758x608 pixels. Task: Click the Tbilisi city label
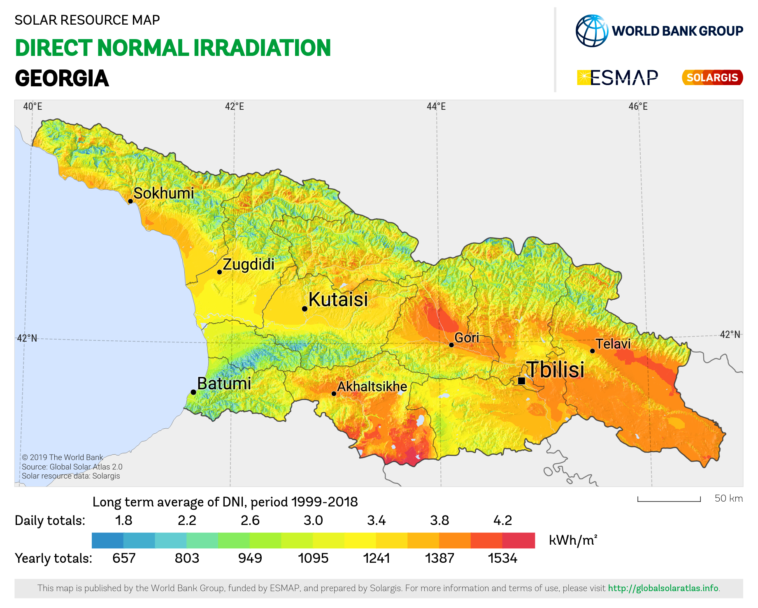[x=556, y=369]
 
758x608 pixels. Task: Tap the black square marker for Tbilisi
[x=521, y=381]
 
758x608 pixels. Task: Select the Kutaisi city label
[x=338, y=299]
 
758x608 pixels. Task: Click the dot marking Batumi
[x=193, y=392]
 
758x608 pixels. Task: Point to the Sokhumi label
[x=163, y=193]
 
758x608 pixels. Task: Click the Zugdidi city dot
[x=219, y=272]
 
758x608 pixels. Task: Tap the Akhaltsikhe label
[x=372, y=386]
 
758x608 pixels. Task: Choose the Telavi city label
[x=613, y=344]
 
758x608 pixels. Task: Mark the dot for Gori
[x=451, y=345]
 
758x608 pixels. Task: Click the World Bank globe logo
[x=592, y=31]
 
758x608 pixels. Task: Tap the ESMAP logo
[x=618, y=77]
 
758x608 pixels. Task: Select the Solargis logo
[x=712, y=77]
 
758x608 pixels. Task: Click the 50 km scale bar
[x=669, y=499]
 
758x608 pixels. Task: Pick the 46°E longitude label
[x=638, y=106]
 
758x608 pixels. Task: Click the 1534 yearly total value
[x=502, y=558]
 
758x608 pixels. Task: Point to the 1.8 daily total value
[x=123, y=520]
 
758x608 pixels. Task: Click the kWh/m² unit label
[x=572, y=540]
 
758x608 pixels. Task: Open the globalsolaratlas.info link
[x=663, y=588]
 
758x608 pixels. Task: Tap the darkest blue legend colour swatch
[x=107, y=541]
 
